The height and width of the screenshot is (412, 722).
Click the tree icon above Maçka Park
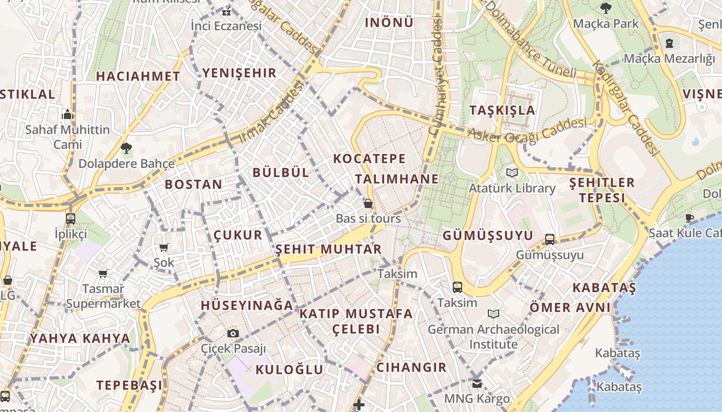coord(606,8)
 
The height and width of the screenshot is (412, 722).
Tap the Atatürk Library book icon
coord(512,173)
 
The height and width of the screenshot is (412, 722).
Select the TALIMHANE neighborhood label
coord(397,179)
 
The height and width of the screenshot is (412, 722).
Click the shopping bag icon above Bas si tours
coord(368,203)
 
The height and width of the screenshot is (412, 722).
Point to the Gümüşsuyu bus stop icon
coord(550,239)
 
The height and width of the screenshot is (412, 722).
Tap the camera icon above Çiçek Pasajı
coord(233,333)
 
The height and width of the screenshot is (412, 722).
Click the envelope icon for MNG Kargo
coord(477,383)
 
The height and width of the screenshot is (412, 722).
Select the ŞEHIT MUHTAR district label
coord(329,249)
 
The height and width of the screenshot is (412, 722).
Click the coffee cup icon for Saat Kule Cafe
coord(690,218)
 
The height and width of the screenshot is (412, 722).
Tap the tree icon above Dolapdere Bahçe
coord(126,149)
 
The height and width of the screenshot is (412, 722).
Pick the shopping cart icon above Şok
coord(164,248)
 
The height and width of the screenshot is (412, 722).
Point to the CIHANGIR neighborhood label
coord(412,367)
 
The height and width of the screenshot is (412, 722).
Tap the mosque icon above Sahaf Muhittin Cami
coord(68,114)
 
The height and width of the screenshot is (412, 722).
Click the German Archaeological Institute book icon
coord(494,314)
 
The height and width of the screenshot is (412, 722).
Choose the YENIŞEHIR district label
coord(239,73)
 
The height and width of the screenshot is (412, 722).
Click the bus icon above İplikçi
coord(71,219)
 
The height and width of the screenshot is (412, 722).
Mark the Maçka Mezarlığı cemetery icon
coord(669,43)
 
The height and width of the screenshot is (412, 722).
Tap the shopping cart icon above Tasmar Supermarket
coord(103,273)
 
